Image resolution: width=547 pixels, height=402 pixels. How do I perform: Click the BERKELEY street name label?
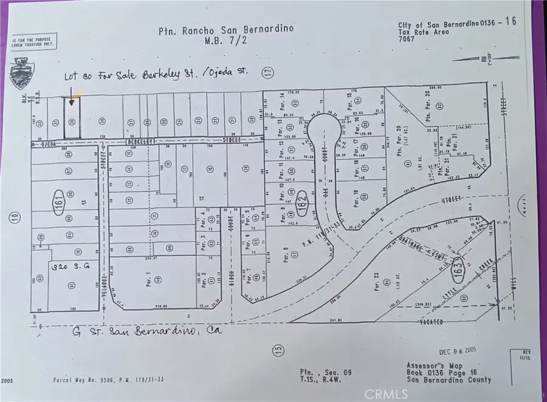click(140, 141)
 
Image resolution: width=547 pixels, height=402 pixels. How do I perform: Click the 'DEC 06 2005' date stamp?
click(461, 352)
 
